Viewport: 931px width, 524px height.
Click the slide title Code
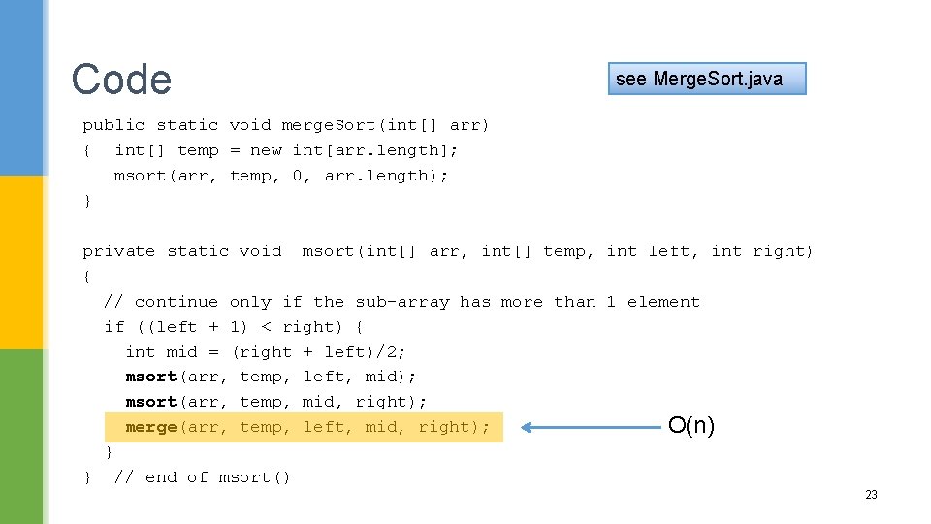(121, 80)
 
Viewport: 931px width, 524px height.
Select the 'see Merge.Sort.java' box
(707, 79)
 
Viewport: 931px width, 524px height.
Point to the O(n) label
(691, 425)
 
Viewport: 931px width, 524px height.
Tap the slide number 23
(871, 495)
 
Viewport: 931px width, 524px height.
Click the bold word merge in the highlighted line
(151, 427)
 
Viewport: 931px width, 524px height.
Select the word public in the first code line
(113, 125)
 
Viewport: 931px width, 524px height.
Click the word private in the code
(118, 251)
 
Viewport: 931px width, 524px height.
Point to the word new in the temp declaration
(266, 150)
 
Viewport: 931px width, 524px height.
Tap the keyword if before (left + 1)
(114, 327)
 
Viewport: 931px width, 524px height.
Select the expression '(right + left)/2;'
(319, 352)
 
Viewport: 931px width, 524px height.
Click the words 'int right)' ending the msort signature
(762, 251)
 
